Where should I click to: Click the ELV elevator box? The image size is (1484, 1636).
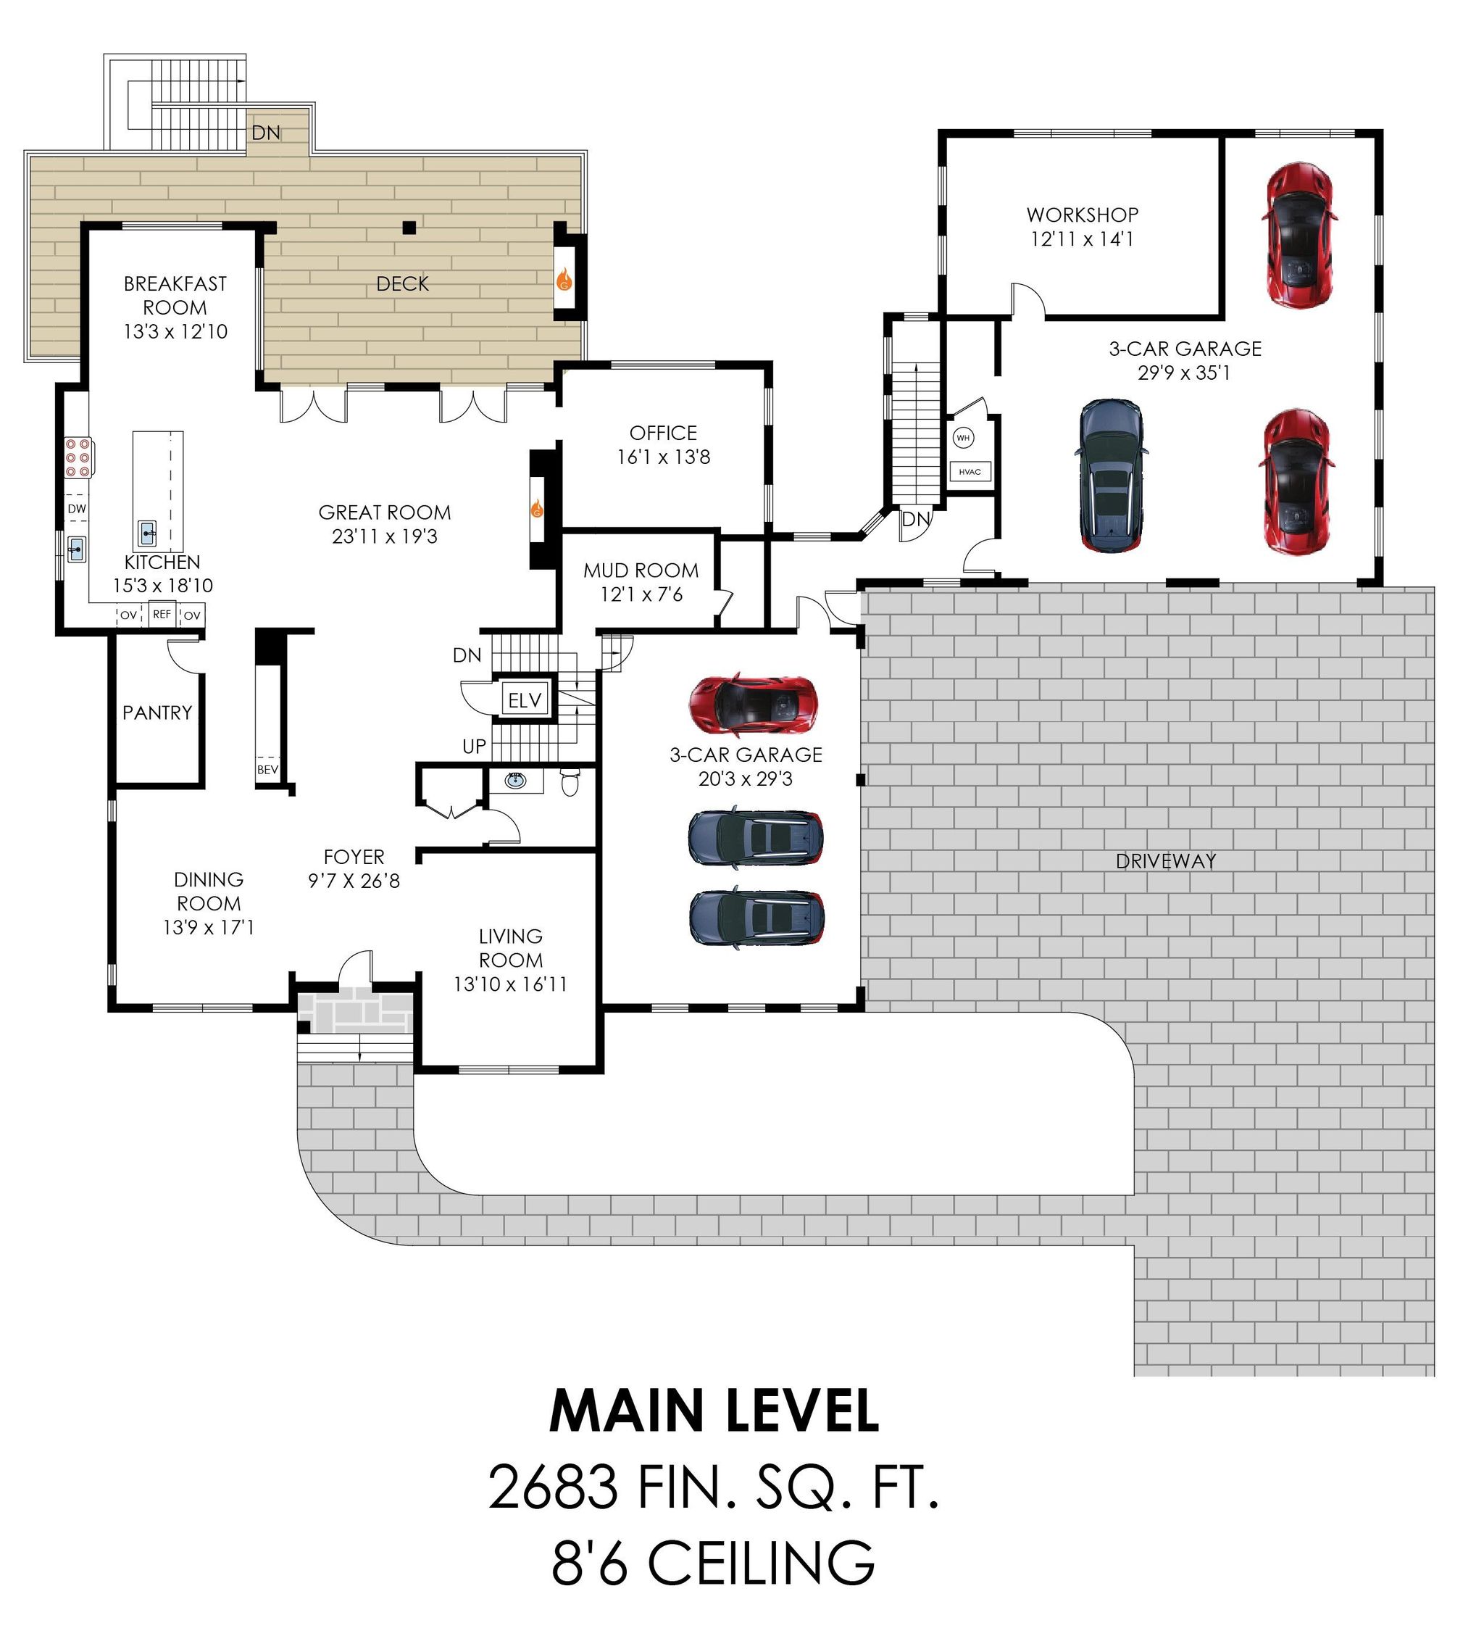pyautogui.click(x=525, y=699)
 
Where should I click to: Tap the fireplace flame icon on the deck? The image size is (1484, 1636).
pyautogui.click(x=564, y=281)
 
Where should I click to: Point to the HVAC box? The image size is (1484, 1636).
pyautogui.click(x=970, y=471)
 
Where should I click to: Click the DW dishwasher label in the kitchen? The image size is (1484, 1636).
pyautogui.click(x=77, y=509)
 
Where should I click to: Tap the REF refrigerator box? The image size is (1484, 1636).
pyautogui.click(x=162, y=614)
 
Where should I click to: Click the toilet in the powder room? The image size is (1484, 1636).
pyautogui.click(x=570, y=782)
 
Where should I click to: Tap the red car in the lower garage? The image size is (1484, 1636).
pyautogui.click(x=752, y=703)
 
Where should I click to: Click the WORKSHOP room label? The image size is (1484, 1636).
pyautogui.click(x=1083, y=215)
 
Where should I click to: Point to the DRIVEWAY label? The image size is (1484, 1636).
pyautogui.click(x=1165, y=861)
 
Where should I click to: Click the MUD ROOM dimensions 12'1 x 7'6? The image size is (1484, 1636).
pyautogui.click(x=641, y=594)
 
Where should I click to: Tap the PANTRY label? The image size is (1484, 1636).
pyautogui.click(x=157, y=713)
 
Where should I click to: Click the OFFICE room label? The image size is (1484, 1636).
pyautogui.click(x=663, y=433)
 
